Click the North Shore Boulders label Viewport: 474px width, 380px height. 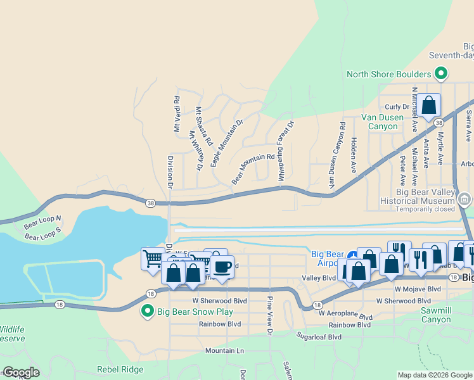[389, 74]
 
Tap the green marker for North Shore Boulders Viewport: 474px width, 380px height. [442, 73]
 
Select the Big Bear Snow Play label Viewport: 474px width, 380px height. [195, 312]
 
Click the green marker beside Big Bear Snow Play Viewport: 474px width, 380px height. [148, 311]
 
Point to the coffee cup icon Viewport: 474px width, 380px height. [222, 267]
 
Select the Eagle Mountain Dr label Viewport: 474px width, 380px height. [227, 143]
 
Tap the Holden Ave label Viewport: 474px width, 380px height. [354, 155]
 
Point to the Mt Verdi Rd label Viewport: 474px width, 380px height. [177, 114]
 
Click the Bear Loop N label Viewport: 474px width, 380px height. [42, 223]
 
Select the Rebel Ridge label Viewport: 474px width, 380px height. [120, 369]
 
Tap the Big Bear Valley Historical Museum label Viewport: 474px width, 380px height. [425, 196]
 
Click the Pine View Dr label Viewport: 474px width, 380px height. [269, 315]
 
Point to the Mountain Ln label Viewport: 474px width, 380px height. [224, 350]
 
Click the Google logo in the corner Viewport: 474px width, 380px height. [20, 372]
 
